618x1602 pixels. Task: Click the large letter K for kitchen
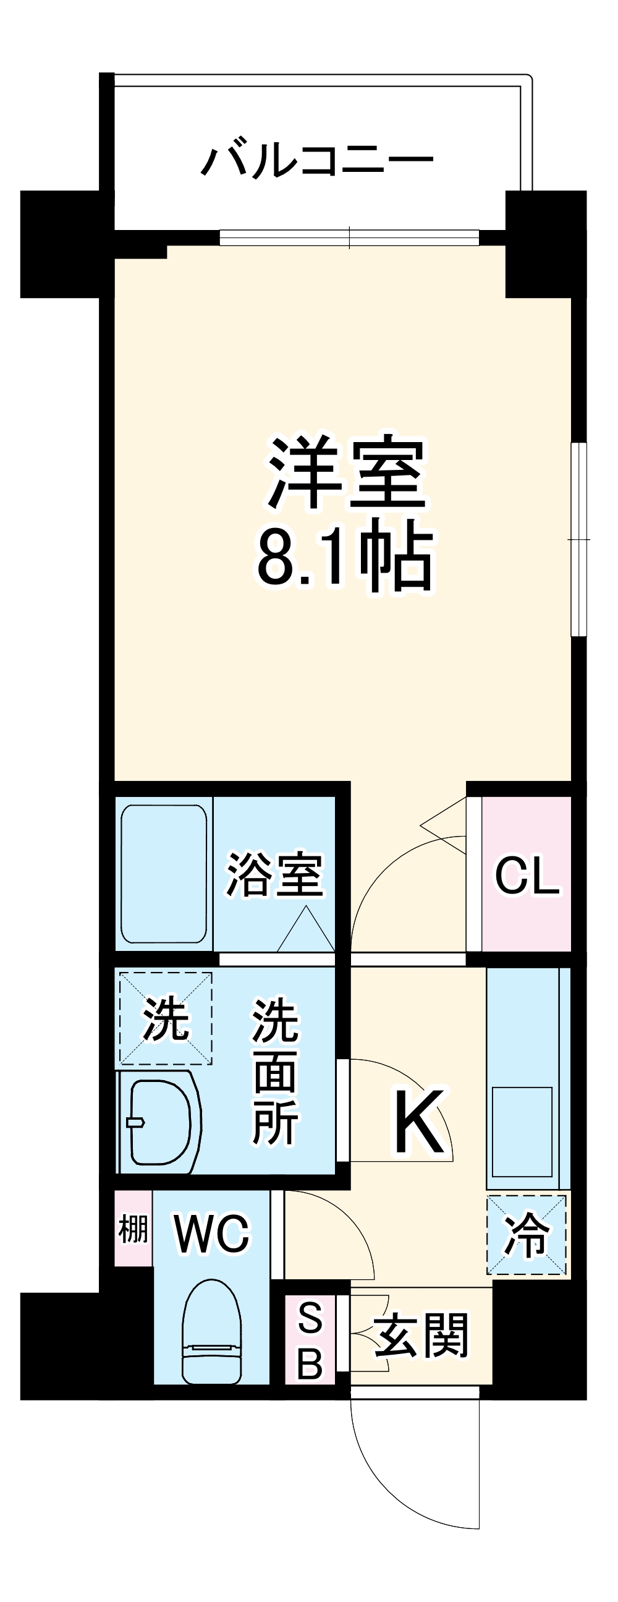click(x=418, y=1120)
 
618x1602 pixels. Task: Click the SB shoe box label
click(x=310, y=1333)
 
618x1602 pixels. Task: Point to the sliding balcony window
click(x=349, y=237)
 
